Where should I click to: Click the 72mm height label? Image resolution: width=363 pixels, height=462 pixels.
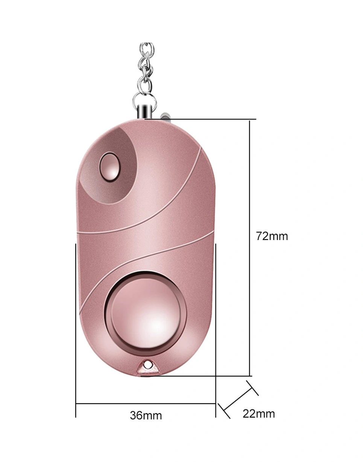(x=272, y=236)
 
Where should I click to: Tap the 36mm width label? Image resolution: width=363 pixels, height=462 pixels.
(x=146, y=415)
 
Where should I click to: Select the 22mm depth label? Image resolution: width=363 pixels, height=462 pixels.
(x=258, y=413)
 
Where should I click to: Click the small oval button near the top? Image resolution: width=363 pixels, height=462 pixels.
(x=109, y=166)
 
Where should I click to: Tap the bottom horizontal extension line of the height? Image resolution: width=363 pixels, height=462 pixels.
(x=196, y=376)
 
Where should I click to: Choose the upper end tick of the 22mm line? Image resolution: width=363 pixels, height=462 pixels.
(x=252, y=388)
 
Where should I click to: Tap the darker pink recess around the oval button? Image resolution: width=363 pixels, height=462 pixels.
(x=124, y=151)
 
